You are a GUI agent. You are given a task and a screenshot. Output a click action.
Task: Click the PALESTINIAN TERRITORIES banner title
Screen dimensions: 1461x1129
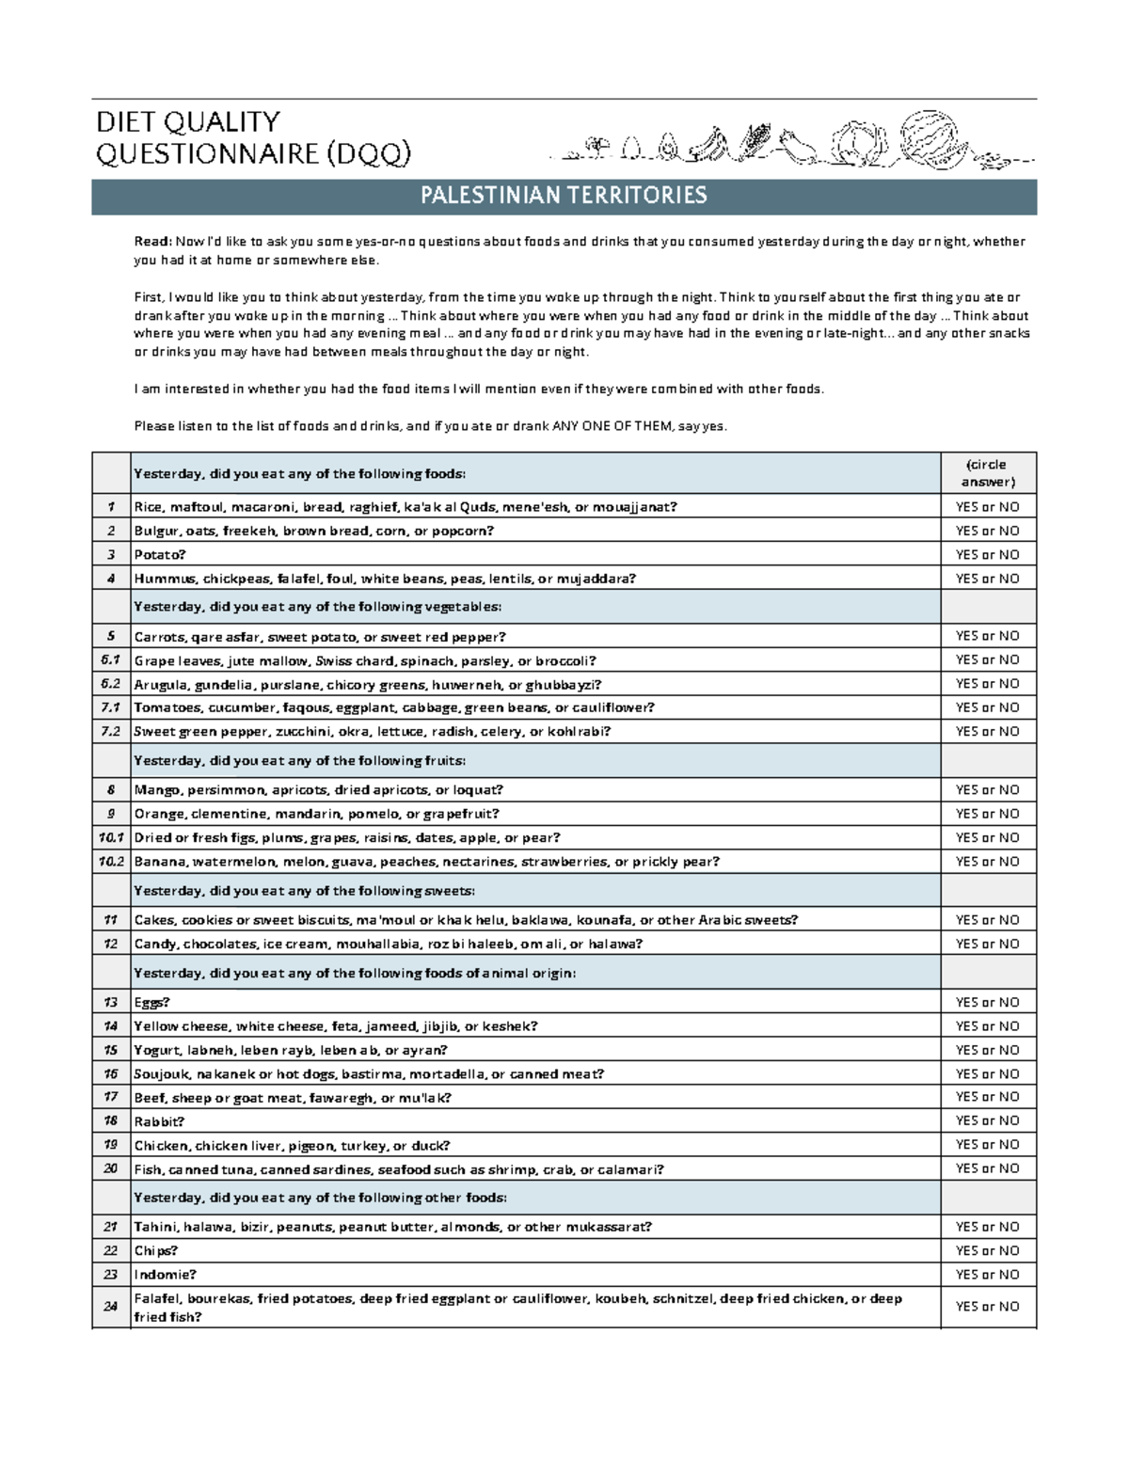pos(564,196)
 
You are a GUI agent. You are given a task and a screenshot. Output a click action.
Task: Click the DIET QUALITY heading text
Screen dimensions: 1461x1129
pos(188,121)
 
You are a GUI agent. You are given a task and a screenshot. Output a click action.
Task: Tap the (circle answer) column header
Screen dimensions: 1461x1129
pos(987,473)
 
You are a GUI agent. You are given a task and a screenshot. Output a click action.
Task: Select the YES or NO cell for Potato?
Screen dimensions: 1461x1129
pos(987,555)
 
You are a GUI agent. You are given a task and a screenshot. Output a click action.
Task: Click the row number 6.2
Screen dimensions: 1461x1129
pos(110,684)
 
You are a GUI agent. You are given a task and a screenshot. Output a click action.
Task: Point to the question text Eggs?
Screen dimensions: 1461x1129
pos(152,1003)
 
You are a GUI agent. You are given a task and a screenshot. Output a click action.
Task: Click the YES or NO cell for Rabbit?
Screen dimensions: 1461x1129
pos(987,1121)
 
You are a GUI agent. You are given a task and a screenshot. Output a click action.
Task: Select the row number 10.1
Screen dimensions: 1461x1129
pos(110,837)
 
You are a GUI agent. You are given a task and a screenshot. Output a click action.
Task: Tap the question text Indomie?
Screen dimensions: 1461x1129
pos(166,1275)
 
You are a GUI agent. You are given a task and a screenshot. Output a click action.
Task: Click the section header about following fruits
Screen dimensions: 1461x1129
pos(300,761)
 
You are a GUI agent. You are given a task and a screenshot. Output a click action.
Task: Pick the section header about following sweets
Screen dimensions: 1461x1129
pos(304,891)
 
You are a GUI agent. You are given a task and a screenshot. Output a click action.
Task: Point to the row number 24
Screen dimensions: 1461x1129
pos(110,1307)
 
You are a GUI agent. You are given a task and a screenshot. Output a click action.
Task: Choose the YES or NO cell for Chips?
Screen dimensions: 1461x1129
pos(987,1251)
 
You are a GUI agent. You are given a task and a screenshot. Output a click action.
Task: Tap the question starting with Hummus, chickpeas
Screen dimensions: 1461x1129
pos(385,580)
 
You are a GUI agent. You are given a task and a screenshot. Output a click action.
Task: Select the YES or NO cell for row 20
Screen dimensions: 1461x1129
pos(987,1169)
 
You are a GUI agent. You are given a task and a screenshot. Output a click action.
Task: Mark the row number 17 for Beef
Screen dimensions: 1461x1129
pos(110,1098)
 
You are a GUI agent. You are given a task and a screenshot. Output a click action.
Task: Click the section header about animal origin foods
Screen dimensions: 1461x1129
pos(355,974)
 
